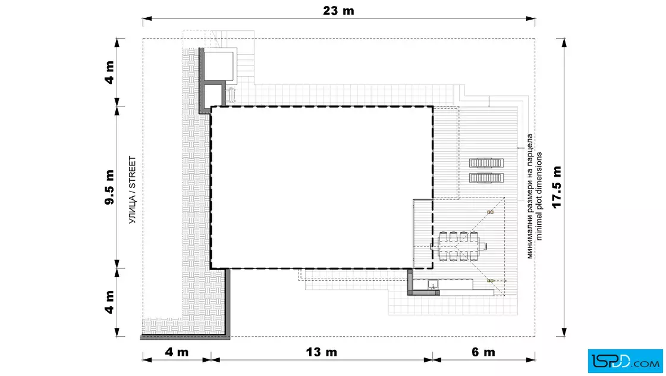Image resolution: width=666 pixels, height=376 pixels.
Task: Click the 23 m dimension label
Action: [338, 11]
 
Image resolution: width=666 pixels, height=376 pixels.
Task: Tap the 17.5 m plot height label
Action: [557, 187]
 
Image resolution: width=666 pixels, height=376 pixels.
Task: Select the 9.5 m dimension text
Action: [109, 187]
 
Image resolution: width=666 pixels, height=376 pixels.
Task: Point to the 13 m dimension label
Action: [322, 352]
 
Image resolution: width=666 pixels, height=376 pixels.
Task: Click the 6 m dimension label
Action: [483, 352]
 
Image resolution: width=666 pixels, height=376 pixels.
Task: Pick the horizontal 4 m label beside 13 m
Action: [177, 352]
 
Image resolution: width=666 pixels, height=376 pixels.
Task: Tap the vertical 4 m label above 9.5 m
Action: [109, 72]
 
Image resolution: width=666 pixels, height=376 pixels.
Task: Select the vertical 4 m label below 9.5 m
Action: [109, 302]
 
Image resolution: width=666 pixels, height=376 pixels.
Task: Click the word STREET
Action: [132, 173]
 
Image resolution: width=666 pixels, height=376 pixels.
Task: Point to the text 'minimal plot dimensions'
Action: [539, 196]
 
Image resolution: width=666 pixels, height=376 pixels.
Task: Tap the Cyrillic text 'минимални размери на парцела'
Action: [530, 196]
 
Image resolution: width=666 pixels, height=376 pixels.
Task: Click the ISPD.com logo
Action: [625, 361]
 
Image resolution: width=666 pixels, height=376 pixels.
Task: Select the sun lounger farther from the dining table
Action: [486, 163]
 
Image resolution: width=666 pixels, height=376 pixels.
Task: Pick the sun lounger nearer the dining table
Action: [486, 178]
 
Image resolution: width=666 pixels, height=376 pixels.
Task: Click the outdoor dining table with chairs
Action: [458, 246]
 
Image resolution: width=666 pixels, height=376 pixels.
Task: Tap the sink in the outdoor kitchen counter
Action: [432, 284]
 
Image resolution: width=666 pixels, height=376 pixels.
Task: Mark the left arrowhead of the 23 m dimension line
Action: [147, 18]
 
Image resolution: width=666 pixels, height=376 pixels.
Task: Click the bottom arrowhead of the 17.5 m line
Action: [564, 332]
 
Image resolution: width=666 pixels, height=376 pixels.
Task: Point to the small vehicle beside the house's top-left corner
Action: [231, 95]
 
